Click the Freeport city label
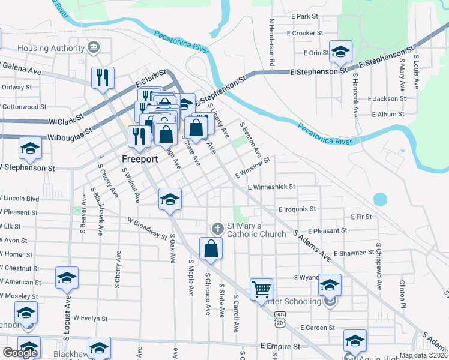(139, 160)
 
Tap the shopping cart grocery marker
(262, 289)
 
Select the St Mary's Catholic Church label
(255, 229)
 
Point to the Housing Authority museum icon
(94, 47)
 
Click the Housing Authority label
(51, 48)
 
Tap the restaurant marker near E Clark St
(102, 78)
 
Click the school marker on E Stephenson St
(340, 53)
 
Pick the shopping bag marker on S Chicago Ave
(211, 249)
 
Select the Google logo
(20, 353)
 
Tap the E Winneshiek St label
(271, 187)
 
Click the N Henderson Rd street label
(272, 41)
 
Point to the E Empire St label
(280, 347)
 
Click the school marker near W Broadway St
(170, 199)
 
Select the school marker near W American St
(67, 278)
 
